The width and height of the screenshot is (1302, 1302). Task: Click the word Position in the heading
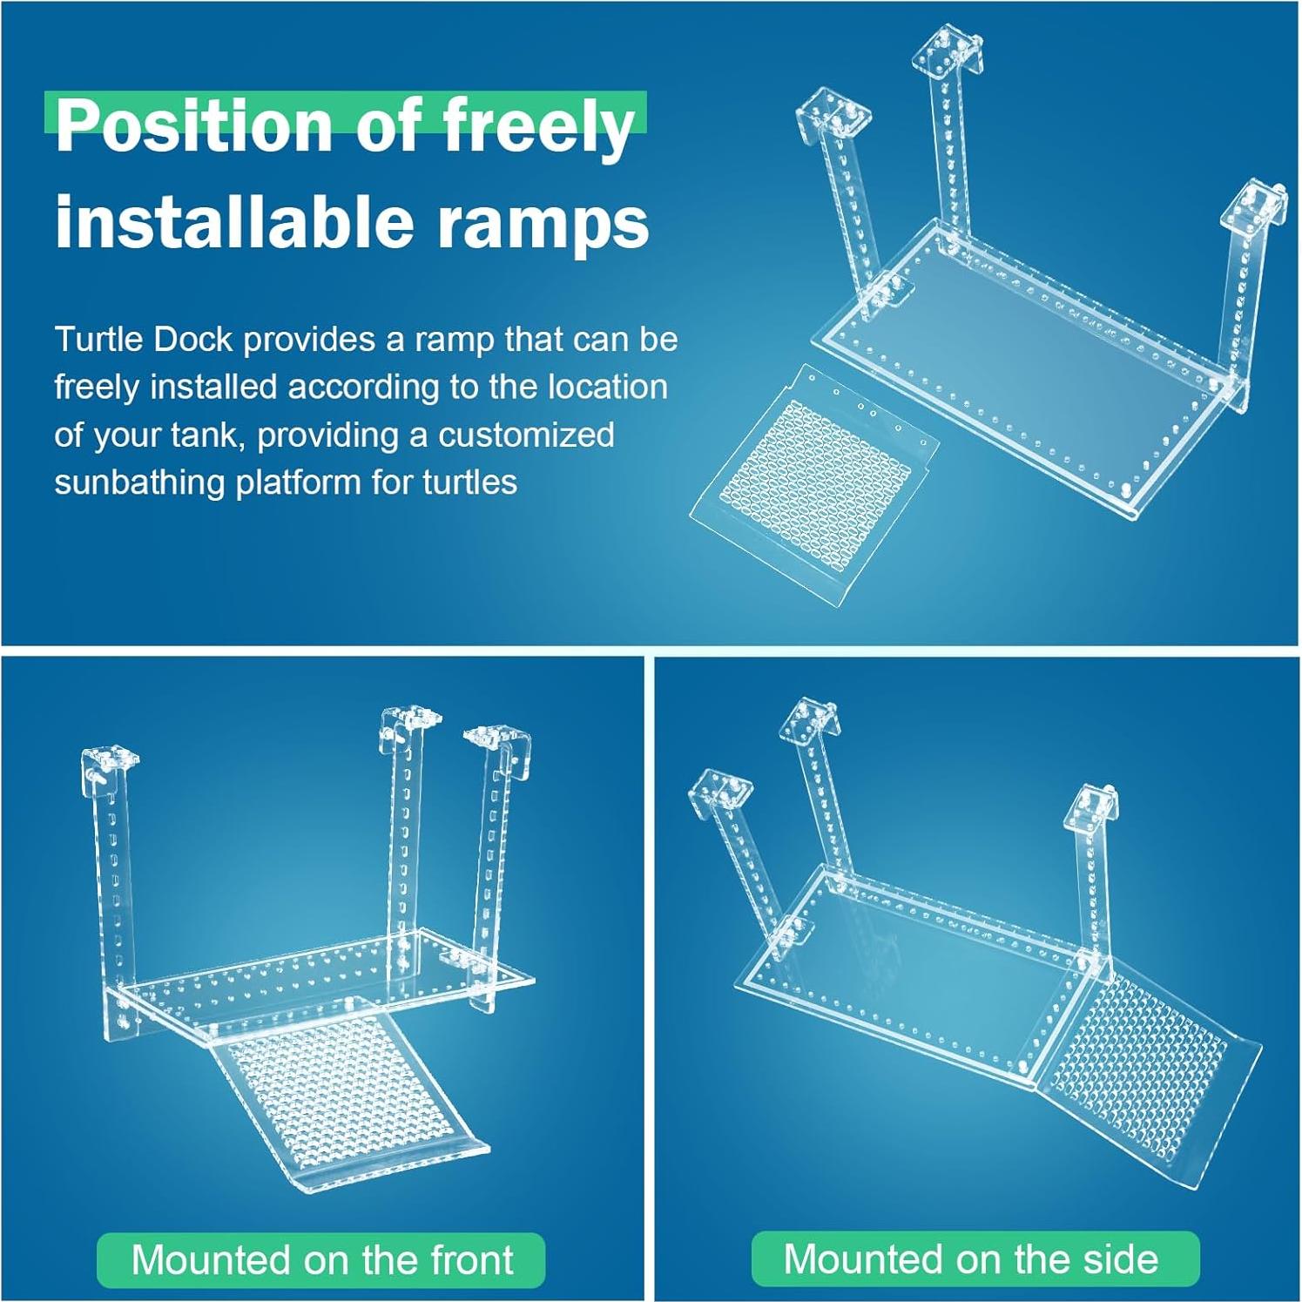click(x=195, y=127)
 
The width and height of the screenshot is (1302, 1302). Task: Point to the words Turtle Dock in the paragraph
click(x=144, y=339)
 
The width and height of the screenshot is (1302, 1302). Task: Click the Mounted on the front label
click(x=321, y=1260)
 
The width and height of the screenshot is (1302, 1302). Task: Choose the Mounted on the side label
click(x=975, y=1258)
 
